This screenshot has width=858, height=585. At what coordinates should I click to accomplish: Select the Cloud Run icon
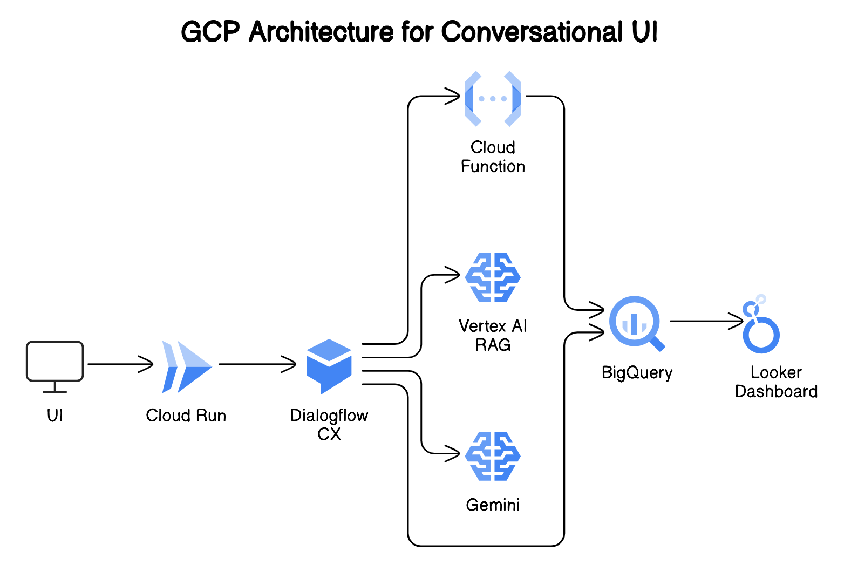click(x=186, y=366)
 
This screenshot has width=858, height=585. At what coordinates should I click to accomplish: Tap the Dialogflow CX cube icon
click(x=329, y=366)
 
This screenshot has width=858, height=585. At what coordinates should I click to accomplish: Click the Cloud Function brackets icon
click(x=493, y=99)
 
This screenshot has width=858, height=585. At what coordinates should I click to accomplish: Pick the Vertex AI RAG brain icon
click(x=493, y=277)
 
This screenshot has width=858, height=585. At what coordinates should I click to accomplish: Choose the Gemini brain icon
click(x=493, y=456)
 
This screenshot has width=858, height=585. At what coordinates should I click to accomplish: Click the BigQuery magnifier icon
click(x=636, y=323)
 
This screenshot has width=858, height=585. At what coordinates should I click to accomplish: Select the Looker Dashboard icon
click(x=760, y=325)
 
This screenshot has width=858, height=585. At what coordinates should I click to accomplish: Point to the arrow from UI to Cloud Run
click(x=121, y=364)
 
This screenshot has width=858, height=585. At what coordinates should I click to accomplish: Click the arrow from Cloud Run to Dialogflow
click(x=258, y=364)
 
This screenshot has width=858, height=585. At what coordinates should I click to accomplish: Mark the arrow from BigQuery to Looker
click(x=707, y=321)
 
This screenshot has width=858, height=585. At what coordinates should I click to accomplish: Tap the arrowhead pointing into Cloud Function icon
click(x=453, y=97)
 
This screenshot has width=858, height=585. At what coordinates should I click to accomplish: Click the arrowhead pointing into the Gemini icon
click(x=453, y=453)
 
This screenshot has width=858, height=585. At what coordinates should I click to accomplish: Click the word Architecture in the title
click(x=321, y=32)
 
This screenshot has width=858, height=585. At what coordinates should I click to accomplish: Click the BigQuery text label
click(x=637, y=373)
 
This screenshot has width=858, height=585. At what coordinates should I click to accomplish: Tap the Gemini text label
click(x=493, y=505)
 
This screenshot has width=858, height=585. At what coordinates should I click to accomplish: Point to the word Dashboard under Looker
click(x=776, y=391)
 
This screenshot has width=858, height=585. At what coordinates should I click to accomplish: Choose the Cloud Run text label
click(x=186, y=416)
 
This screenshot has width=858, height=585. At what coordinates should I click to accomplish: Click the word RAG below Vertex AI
click(x=493, y=345)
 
